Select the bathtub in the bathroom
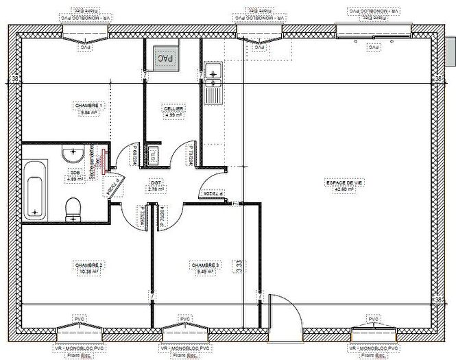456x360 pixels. click(x=35, y=191)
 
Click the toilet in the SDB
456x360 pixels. click(x=73, y=208)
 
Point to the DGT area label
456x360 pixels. click(x=154, y=183)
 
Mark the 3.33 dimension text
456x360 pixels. click(x=238, y=265)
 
